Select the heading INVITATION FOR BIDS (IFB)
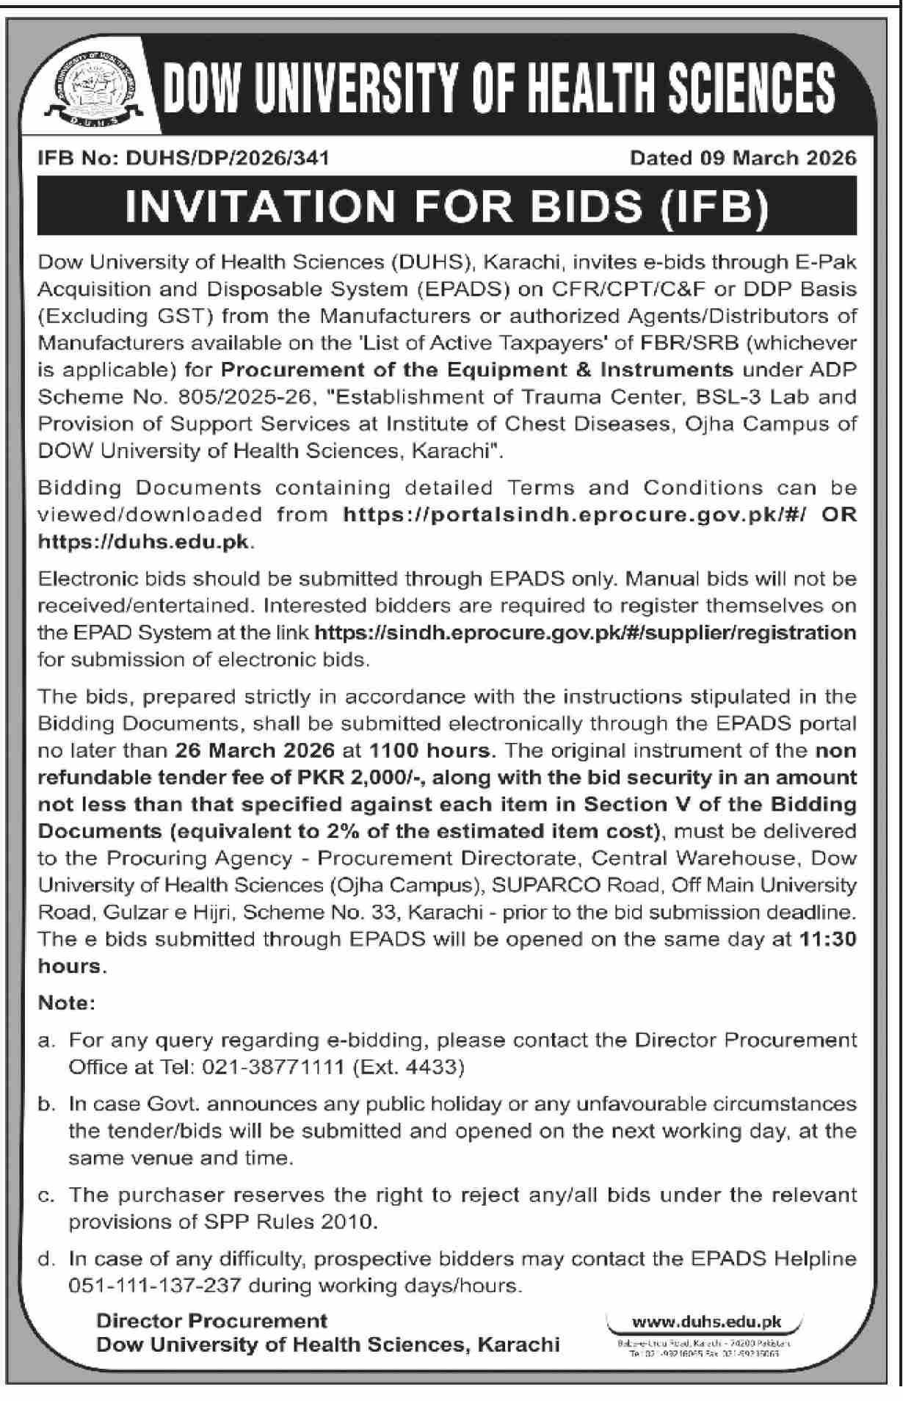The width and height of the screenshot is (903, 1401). coord(447,206)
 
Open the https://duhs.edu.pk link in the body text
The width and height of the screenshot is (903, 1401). coord(145,542)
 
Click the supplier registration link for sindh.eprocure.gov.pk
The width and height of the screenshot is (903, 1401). coord(584,632)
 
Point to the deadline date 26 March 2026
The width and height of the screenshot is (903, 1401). coord(256,750)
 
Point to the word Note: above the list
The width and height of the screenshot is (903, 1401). coord(67,1003)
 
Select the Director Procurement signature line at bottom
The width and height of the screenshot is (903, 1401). coord(212,1321)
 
